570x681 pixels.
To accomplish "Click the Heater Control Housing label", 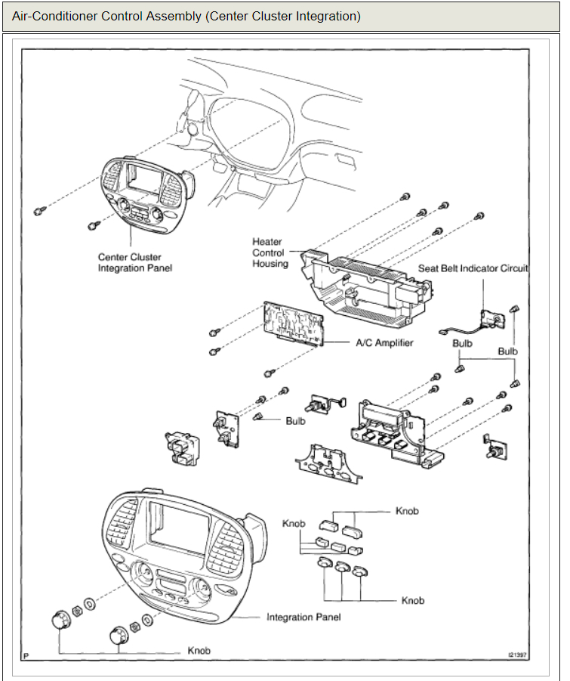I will point(270,252).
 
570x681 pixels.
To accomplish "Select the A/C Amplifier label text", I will point(384,342).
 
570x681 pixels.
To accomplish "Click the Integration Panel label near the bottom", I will point(303,618).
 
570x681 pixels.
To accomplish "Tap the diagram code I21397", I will point(516,655).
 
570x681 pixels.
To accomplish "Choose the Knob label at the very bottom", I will point(199,651).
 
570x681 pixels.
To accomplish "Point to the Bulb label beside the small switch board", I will point(295,421).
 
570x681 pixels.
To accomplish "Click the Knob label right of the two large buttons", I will point(407,512).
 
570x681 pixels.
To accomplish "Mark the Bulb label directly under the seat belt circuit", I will point(462,342).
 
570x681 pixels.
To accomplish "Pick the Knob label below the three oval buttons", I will point(413,601).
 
